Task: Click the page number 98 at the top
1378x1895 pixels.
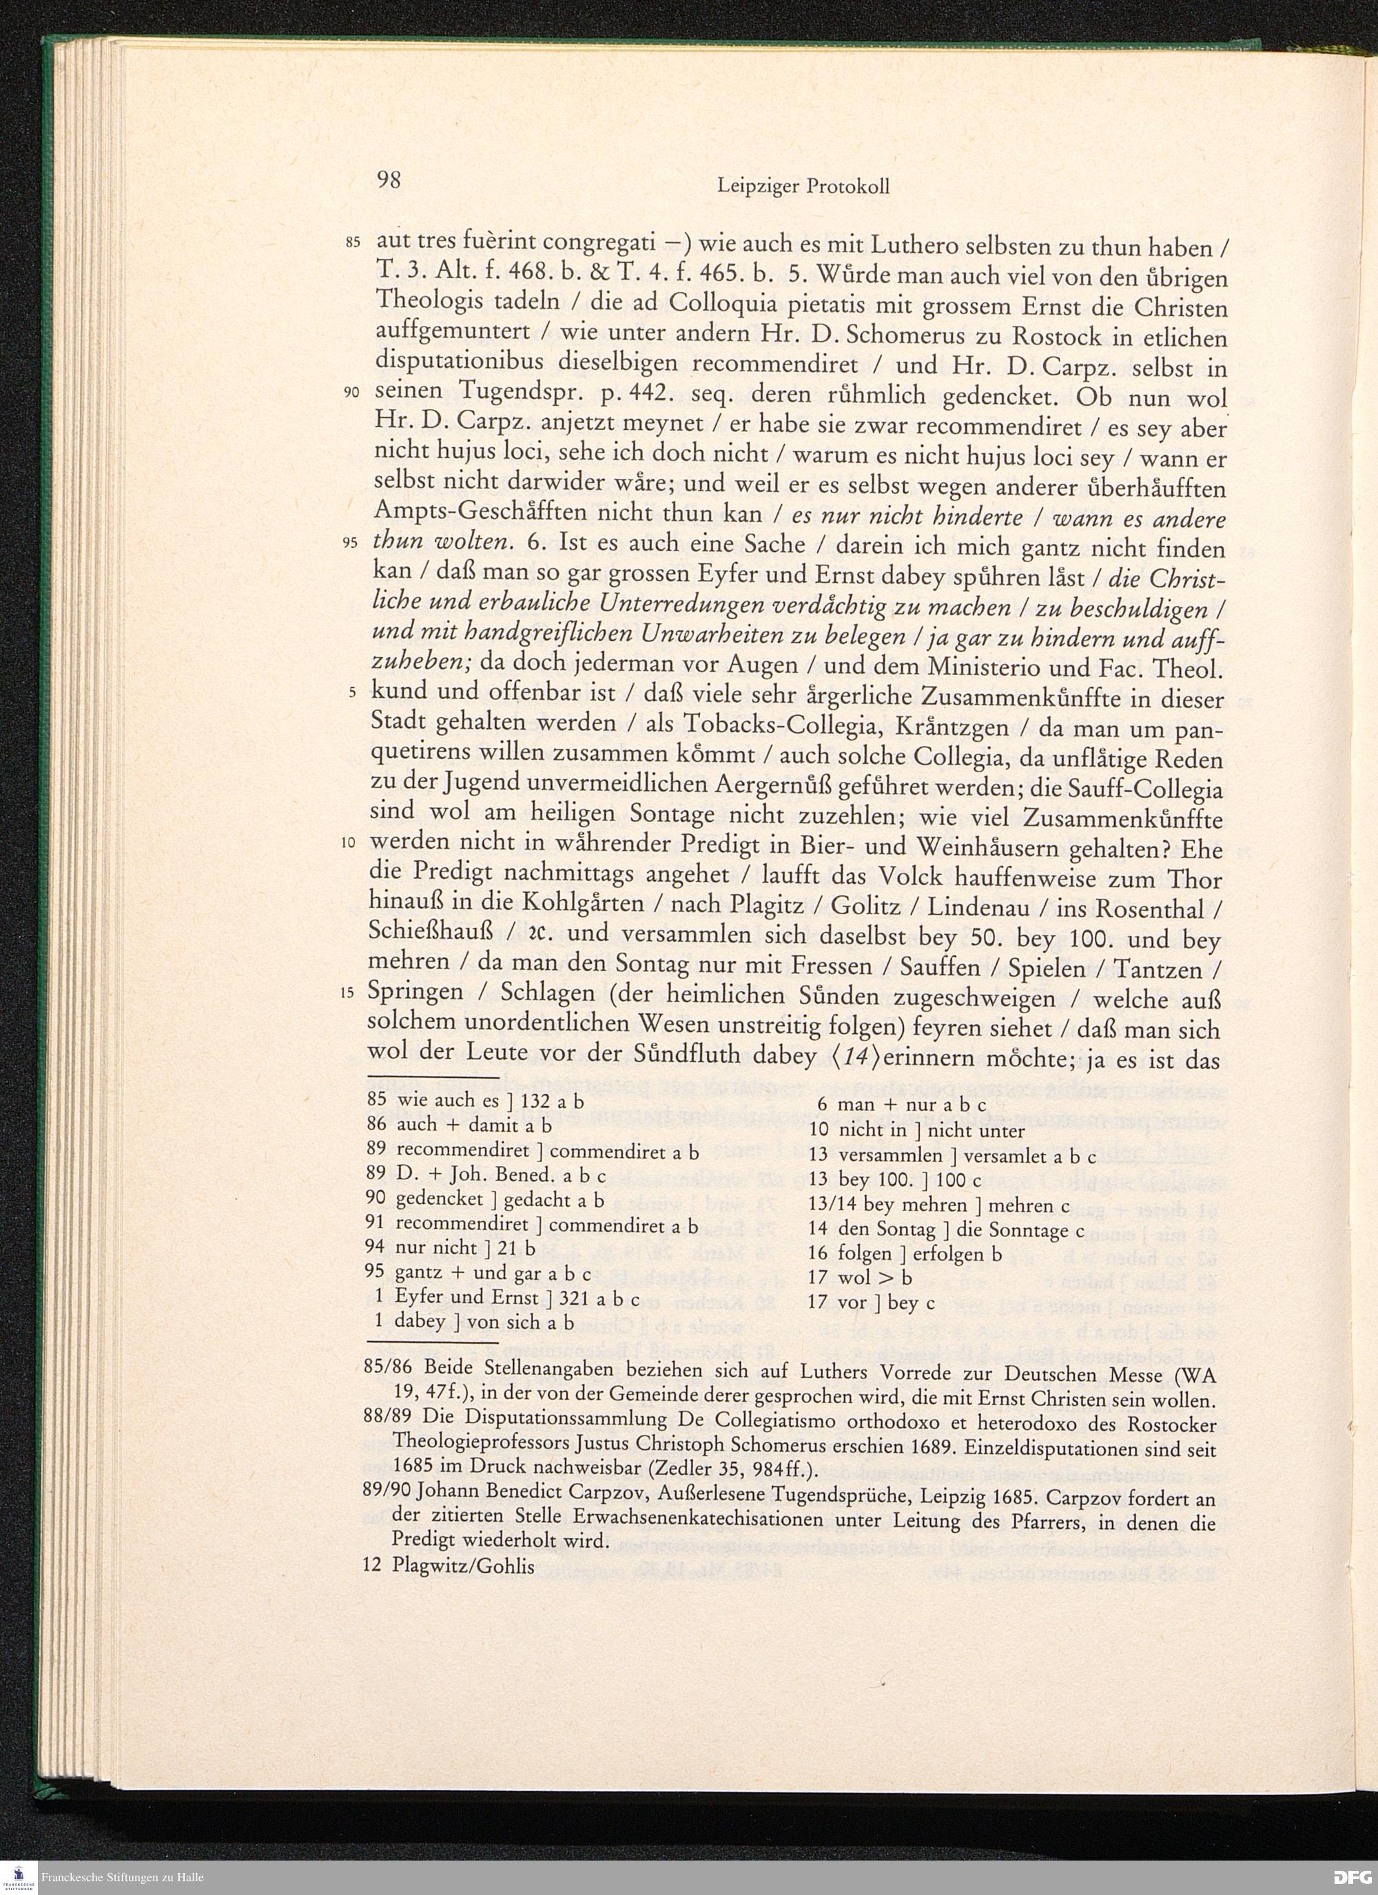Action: (389, 180)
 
